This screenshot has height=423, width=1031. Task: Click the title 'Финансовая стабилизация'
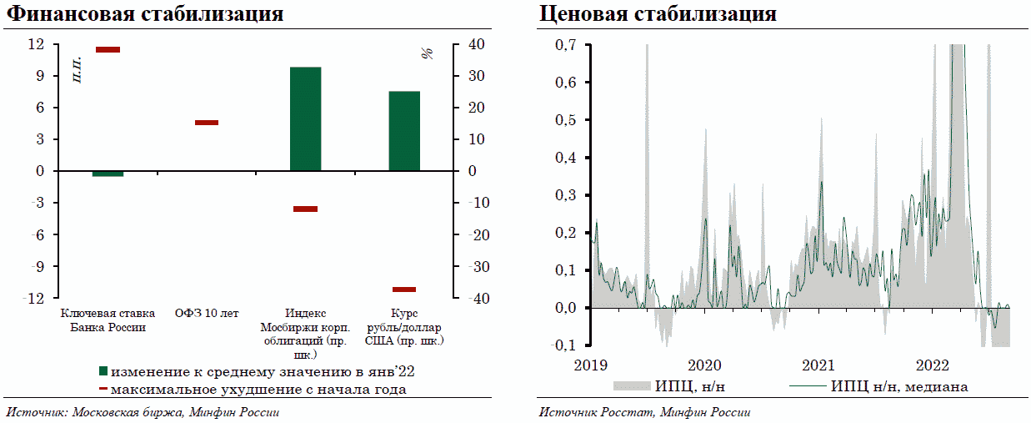[145, 14]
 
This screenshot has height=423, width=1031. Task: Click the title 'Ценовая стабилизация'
[658, 14]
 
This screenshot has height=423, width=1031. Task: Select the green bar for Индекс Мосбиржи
[305, 118]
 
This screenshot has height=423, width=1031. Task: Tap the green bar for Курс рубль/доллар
[404, 131]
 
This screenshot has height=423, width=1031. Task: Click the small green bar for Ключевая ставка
[108, 174]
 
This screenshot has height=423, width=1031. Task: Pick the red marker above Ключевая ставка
[108, 50]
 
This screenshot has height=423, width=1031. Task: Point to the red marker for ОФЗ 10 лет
[207, 123]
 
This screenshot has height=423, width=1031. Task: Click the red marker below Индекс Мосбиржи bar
[305, 209]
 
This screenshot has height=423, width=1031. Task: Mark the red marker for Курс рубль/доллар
[404, 290]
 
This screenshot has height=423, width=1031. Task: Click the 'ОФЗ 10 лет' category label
[207, 314]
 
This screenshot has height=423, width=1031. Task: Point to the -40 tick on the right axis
[472, 299]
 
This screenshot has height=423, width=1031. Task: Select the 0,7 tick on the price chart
[567, 45]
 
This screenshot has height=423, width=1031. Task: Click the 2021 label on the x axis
[818, 365]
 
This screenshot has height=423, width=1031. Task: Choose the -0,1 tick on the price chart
[565, 345]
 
